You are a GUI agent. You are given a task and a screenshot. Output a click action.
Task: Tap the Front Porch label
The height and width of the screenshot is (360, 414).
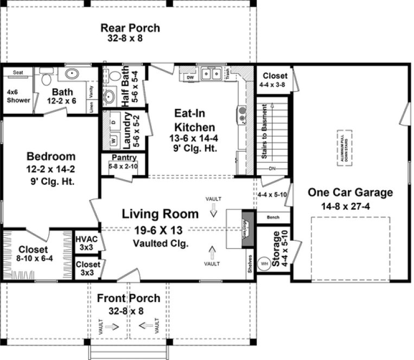click(129, 298)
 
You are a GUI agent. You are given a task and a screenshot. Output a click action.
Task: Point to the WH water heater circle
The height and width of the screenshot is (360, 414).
click(265, 264)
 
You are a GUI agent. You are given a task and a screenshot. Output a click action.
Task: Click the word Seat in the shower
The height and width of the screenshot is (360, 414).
click(18, 72)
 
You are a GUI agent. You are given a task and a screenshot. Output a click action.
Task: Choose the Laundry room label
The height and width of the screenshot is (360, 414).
click(127, 130)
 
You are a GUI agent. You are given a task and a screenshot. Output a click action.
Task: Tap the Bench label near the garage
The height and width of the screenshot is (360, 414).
click(273, 218)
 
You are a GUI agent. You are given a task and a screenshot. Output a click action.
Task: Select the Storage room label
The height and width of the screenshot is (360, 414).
click(277, 249)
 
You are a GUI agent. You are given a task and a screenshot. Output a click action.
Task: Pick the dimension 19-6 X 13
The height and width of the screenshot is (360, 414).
click(160, 230)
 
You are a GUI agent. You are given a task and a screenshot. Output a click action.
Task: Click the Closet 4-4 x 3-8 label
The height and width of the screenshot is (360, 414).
click(274, 80)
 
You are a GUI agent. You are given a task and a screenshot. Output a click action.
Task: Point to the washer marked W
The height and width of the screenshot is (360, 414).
click(113, 141)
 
